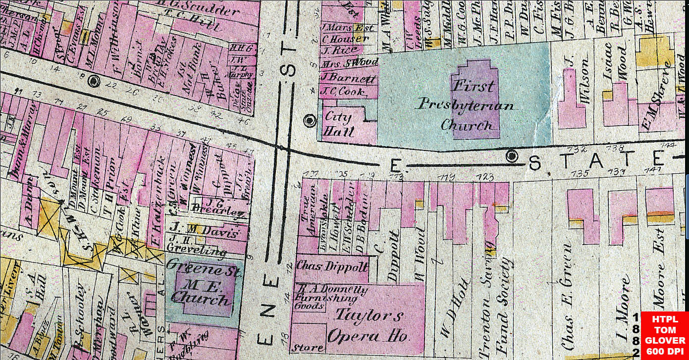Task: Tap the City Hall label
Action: coord(338,124)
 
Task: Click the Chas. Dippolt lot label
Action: coord(331,266)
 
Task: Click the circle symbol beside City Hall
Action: coord(310,120)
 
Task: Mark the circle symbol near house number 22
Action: coord(93,80)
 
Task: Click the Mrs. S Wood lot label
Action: coord(350,62)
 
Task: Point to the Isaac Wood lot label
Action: coord(617,64)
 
